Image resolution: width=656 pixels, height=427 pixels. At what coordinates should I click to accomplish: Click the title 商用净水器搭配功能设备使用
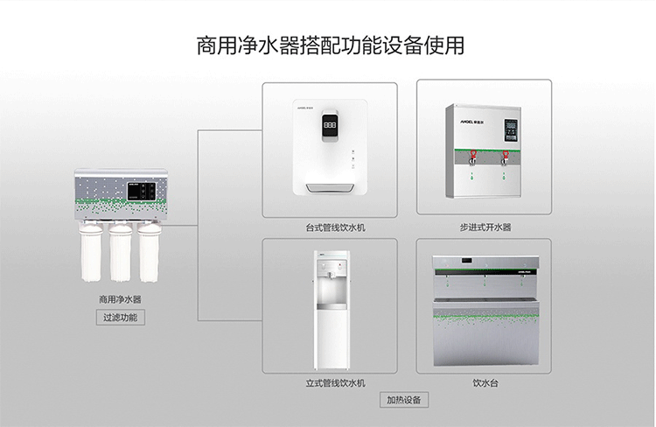point(328,45)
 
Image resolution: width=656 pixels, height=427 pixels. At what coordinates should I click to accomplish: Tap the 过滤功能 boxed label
point(120,318)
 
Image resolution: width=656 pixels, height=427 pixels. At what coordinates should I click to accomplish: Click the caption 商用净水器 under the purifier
point(120,299)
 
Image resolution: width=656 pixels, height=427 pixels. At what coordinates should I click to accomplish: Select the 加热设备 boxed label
point(403,400)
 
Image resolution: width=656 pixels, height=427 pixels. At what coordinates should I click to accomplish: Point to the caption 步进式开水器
point(485,227)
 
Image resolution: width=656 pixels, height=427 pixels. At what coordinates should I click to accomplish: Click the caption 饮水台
point(485,383)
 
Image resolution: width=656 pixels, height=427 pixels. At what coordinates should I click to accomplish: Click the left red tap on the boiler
point(473,157)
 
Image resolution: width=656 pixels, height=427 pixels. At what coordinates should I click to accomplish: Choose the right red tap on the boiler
point(505,157)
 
